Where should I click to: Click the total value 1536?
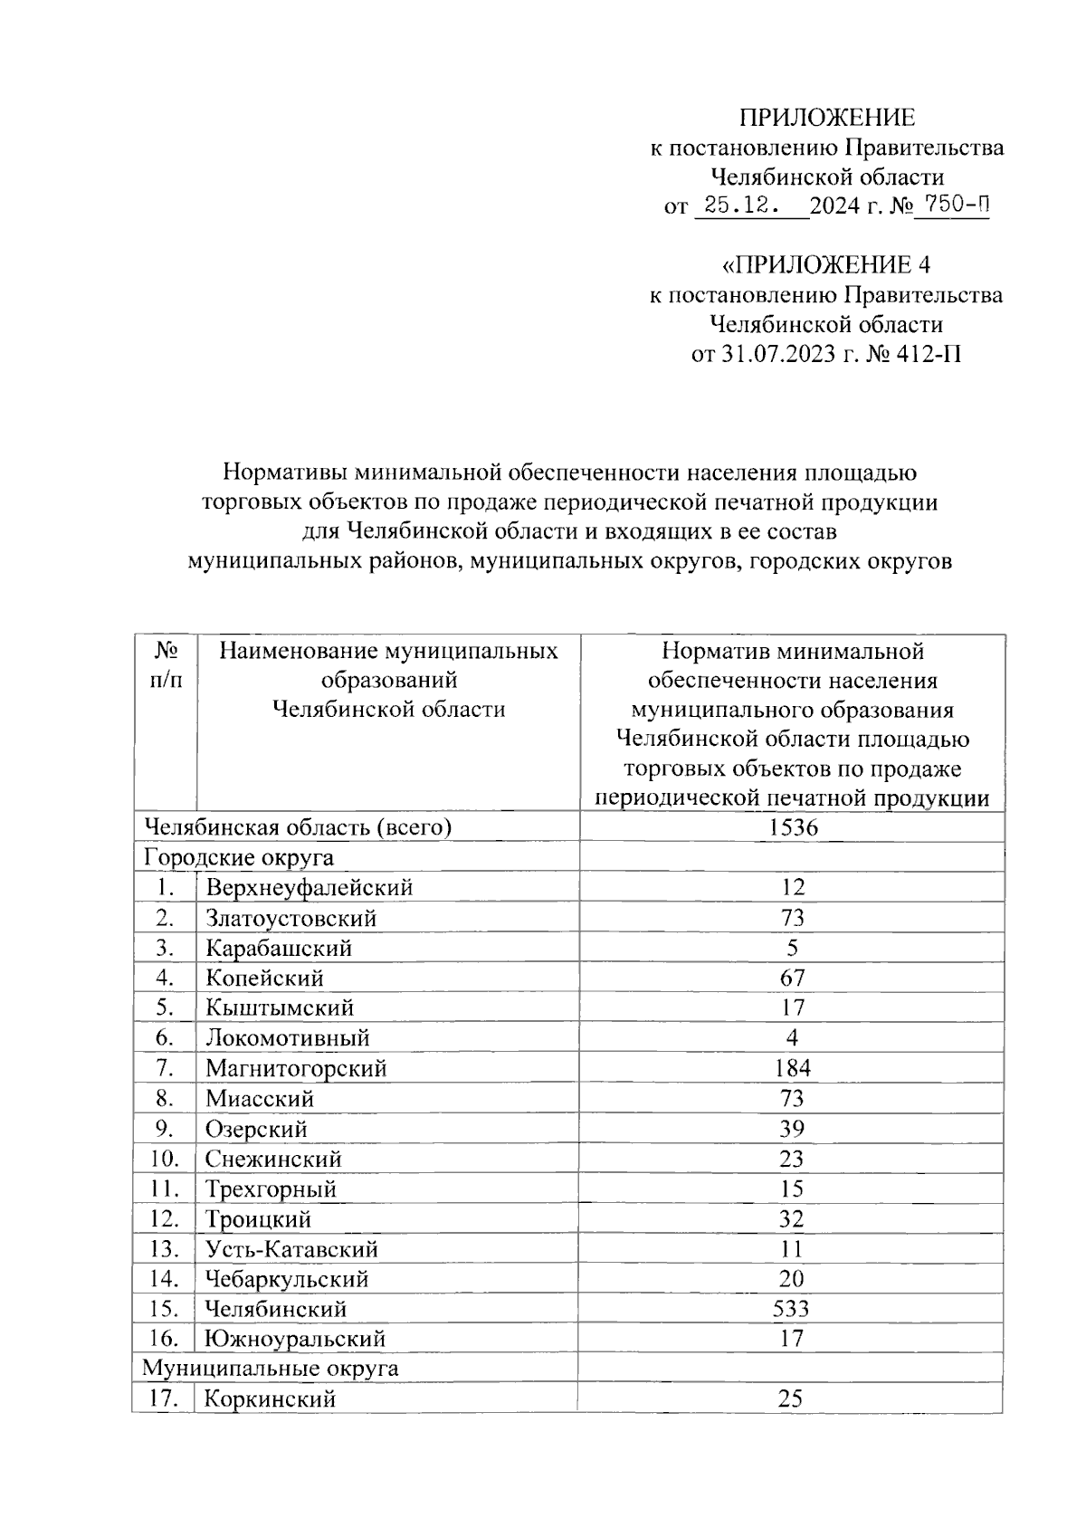(x=792, y=826)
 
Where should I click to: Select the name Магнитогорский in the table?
(x=296, y=1068)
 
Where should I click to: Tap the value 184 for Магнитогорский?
(x=792, y=1068)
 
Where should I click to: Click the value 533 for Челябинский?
(x=791, y=1309)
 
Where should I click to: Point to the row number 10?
(x=164, y=1159)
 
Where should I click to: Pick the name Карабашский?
(x=279, y=948)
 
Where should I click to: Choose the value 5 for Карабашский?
(x=792, y=948)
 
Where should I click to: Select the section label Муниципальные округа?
(x=271, y=1368)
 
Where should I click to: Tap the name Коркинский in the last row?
(x=270, y=1399)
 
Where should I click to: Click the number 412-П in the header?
(x=929, y=353)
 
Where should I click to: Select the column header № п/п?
(x=165, y=665)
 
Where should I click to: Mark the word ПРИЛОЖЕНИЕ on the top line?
(x=827, y=118)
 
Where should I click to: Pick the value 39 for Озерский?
(x=792, y=1129)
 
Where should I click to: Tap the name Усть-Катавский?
(x=291, y=1249)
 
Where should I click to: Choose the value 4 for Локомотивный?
(x=792, y=1038)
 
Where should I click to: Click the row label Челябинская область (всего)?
(x=299, y=826)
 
